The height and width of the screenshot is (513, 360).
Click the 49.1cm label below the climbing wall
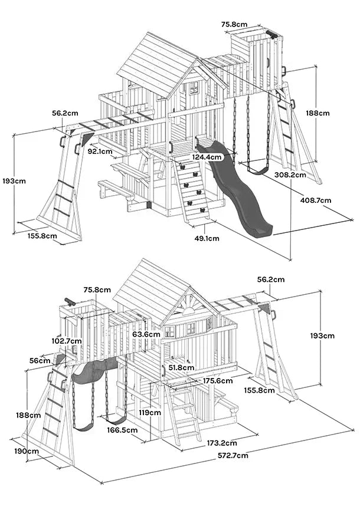pos(206,238)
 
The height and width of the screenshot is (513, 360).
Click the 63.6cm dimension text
pos(145,334)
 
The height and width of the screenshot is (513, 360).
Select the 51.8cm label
pos(180,367)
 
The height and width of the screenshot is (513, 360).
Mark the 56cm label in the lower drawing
pos(40,360)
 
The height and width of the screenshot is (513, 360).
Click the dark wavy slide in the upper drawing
pos(239,189)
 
